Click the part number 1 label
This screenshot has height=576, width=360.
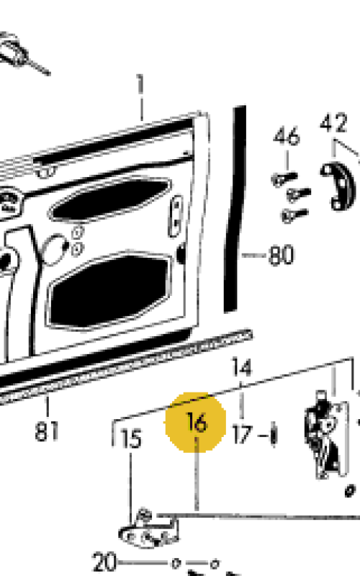[140, 84]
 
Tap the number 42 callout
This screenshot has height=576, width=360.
[333, 123]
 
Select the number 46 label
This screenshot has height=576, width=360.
[287, 136]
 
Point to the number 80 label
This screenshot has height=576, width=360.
[282, 255]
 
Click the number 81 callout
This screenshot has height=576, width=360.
[47, 431]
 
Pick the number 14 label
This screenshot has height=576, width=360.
[242, 367]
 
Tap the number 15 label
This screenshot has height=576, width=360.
[131, 439]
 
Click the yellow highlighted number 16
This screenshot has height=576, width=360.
[197, 422]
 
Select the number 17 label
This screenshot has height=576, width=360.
[243, 435]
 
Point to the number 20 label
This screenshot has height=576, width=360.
[104, 562]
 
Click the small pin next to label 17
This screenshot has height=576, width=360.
[274, 434]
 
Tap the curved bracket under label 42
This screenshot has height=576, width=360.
[338, 186]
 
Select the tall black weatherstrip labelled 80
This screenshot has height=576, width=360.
[235, 210]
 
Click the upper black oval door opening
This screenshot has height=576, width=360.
[110, 199]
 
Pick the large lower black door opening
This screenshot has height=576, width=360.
[109, 290]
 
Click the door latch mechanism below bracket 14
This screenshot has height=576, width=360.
[326, 435]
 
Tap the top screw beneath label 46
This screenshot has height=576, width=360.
[284, 179]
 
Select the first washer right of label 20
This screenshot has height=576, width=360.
[176, 563]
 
